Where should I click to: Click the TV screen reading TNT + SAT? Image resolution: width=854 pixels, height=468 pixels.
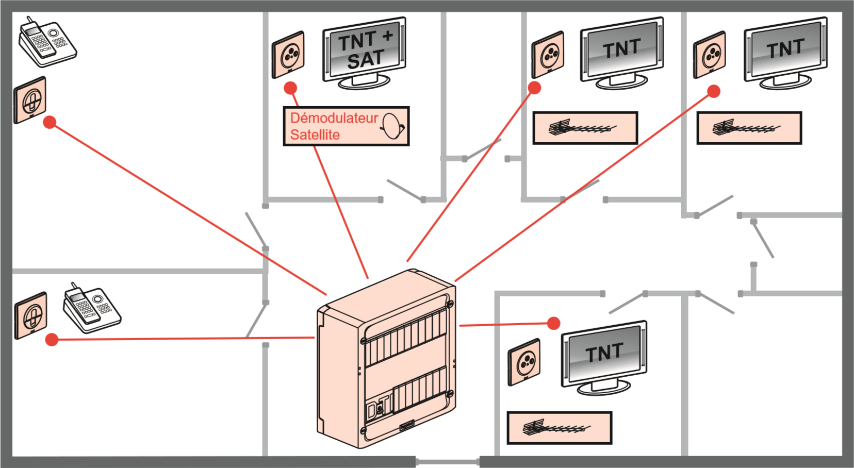(365, 52)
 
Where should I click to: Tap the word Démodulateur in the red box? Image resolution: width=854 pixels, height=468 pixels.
(334, 118)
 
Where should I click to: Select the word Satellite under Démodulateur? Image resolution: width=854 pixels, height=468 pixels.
(315, 135)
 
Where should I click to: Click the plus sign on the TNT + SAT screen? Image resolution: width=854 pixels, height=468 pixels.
(388, 36)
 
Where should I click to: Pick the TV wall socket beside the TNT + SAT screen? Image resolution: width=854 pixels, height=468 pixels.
(288, 55)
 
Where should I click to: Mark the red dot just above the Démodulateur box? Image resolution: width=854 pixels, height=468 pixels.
(290, 88)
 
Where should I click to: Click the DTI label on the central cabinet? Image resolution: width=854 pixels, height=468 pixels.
(379, 408)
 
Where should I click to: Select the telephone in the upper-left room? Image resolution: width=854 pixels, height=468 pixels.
(47, 42)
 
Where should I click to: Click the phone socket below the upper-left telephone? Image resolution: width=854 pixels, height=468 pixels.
(30, 100)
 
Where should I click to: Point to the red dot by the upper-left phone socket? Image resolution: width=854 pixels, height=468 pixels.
(50, 122)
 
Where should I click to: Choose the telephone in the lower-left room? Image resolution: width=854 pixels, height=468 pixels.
(92, 308)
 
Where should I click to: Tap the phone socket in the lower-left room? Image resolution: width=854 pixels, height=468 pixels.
(31, 315)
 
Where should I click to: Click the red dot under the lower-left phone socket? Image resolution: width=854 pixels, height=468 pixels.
(52, 340)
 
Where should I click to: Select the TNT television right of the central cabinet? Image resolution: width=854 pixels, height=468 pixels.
(604, 358)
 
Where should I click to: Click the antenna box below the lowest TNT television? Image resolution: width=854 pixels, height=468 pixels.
(560, 428)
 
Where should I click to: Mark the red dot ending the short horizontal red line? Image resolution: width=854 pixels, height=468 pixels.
(553, 324)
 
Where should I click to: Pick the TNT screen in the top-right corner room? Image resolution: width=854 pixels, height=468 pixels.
(786, 52)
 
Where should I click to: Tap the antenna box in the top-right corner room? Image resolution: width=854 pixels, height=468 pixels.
(749, 128)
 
